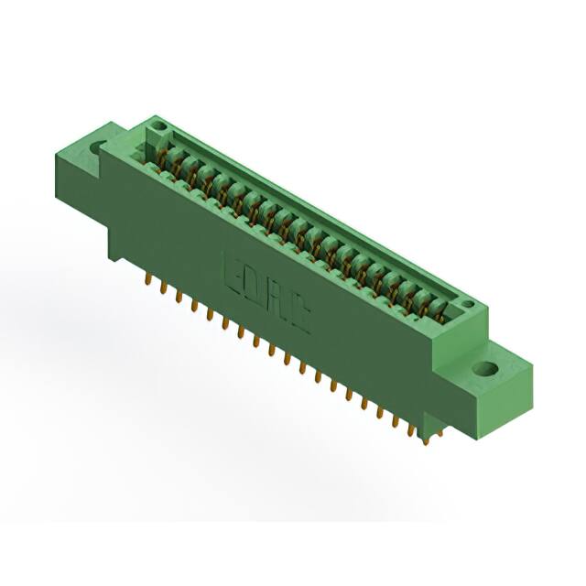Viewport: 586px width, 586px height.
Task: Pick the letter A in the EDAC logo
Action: (x=277, y=301)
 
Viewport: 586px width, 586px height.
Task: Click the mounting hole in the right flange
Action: (x=486, y=370)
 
